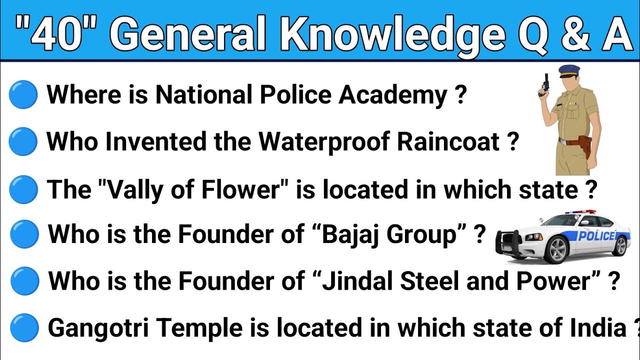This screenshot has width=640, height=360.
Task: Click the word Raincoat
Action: (x=449, y=142)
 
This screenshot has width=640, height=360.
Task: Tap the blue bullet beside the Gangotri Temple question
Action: (x=23, y=328)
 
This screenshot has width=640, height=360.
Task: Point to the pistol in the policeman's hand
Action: (x=545, y=85)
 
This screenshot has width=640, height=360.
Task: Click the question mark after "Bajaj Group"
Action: (x=480, y=234)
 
